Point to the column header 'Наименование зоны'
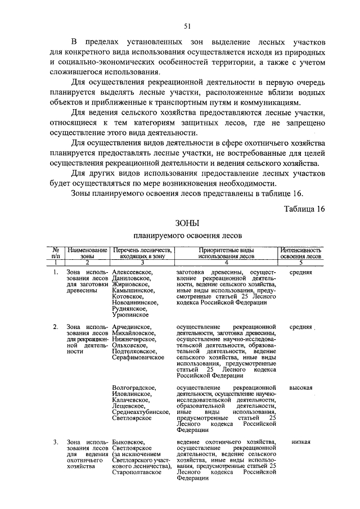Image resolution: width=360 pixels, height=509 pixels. coord(87,252)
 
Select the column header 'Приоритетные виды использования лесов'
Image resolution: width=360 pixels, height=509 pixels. coord(226,252)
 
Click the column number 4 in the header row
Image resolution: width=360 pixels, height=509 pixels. coord(226,262)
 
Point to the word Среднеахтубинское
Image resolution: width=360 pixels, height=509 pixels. coord(141,412)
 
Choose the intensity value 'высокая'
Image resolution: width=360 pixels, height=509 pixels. coord(301,388)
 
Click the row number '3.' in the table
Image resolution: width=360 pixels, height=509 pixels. coord(56,442)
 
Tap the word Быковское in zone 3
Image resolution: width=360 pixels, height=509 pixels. coord(128,442)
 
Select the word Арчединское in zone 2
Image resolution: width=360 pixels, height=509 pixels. coord(131,327)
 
